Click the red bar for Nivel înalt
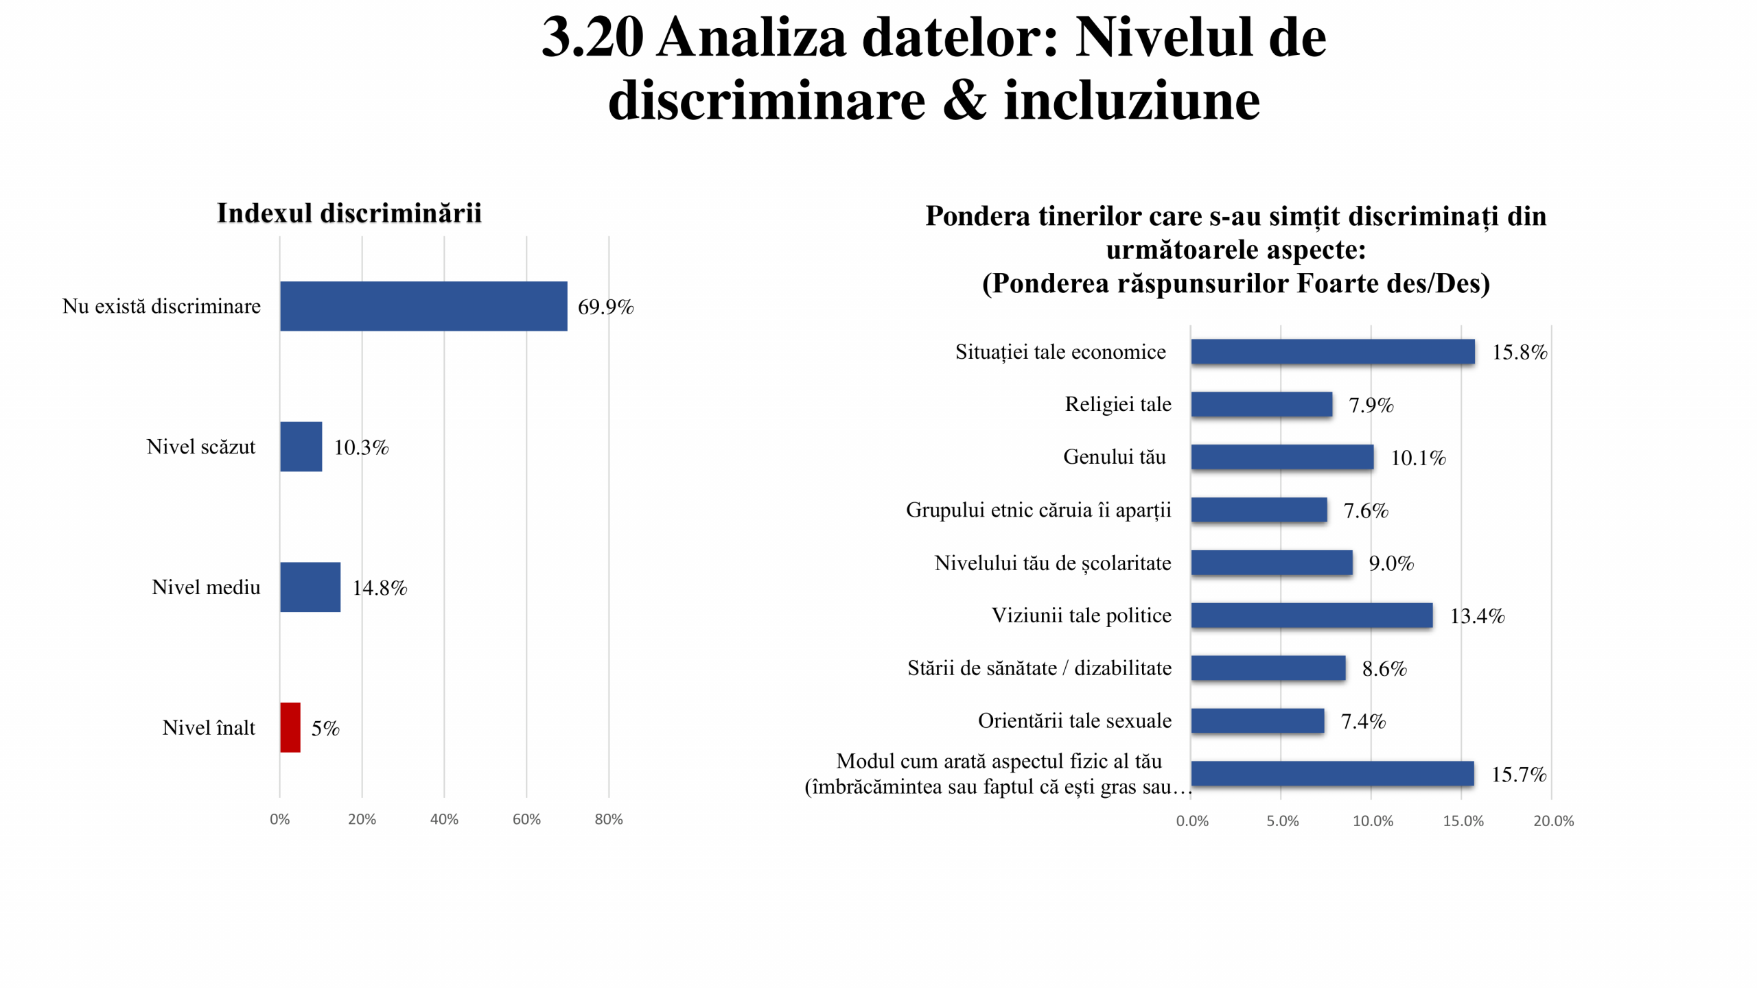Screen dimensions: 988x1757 [290, 727]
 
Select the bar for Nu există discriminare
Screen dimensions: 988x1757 [423, 306]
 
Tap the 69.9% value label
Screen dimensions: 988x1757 [605, 307]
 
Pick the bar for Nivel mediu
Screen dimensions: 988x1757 [310, 587]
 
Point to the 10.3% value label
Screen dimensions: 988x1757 [361, 447]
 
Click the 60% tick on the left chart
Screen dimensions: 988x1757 [526, 819]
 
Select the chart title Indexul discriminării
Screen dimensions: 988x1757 [349, 213]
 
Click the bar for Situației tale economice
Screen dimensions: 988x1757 [1333, 352]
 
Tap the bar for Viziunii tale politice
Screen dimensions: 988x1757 [1312, 615]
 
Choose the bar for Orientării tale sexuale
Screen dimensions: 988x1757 [1257, 721]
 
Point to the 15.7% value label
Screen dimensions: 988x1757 [1519, 775]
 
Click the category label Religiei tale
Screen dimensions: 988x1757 [1118, 404]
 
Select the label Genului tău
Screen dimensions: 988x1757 [1115, 457]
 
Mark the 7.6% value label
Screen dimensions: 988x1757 [1366, 510]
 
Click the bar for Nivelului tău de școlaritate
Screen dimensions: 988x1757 [1272, 563]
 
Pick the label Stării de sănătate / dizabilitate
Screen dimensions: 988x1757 [1039, 668]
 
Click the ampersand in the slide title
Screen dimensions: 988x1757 [964, 101]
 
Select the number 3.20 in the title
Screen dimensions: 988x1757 [593, 37]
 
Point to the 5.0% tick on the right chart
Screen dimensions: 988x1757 [1283, 821]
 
